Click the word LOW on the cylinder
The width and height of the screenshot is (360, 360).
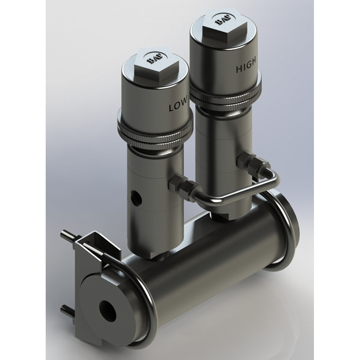coord(178,107)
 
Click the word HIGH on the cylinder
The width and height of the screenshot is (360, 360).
coord(246,67)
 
